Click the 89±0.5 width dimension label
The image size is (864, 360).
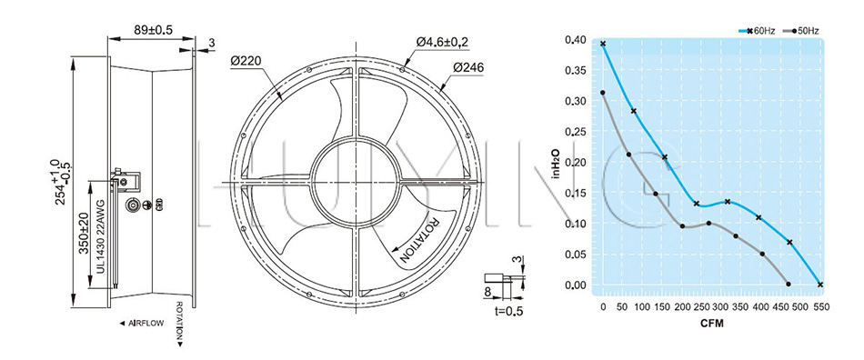pyautogui.click(x=153, y=30)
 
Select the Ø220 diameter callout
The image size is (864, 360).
pyautogui.click(x=246, y=61)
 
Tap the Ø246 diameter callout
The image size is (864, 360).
pyautogui.click(x=468, y=67)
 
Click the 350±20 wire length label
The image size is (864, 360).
pyautogui.click(x=84, y=234)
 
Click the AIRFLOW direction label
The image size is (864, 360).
pyautogui.click(x=142, y=324)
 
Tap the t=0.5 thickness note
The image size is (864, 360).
pyautogui.click(x=508, y=311)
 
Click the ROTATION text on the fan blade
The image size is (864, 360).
pyautogui.click(x=417, y=240)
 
